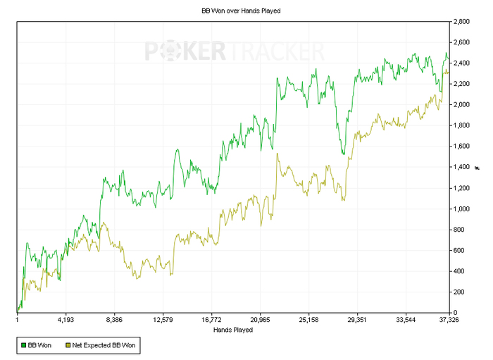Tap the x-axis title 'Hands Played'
pyautogui.click(x=232, y=329)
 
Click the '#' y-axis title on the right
pyautogui.click(x=477, y=167)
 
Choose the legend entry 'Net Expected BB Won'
pyautogui.click(x=104, y=346)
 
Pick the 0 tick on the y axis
pyautogui.click(x=454, y=312)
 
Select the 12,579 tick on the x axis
pyautogui.click(x=163, y=320)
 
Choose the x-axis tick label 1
pyautogui.click(x=17, y=320)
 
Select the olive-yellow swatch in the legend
pyautogui.click(x=68, y=346)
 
